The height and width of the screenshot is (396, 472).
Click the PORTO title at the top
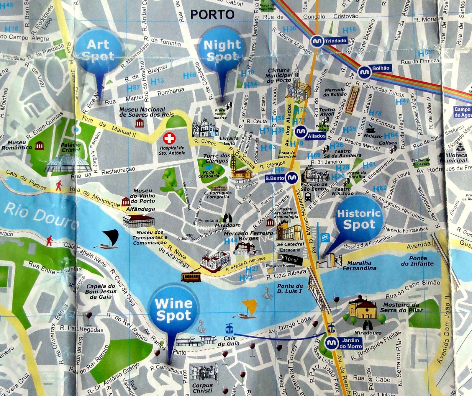click(x=212, y=14)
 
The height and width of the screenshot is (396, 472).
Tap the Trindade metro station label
click(x=335, y=41)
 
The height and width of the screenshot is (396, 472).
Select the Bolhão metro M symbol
click(x=364, y=72)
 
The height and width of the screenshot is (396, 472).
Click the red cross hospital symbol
click(x=169, y=138)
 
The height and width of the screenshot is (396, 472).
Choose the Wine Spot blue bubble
click(x=174, y=310)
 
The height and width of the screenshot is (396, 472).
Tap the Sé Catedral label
click(x=291, y=244)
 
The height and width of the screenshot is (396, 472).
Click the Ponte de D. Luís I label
click(x=290, y=289)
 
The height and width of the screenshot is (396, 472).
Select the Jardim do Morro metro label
click(x=350, y=343)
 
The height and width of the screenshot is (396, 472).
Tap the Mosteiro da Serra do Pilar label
click(x=401, y=307)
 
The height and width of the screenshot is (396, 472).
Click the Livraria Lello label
click(x=229, y=141)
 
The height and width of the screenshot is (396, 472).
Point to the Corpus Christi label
click(x=202, y=388)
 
